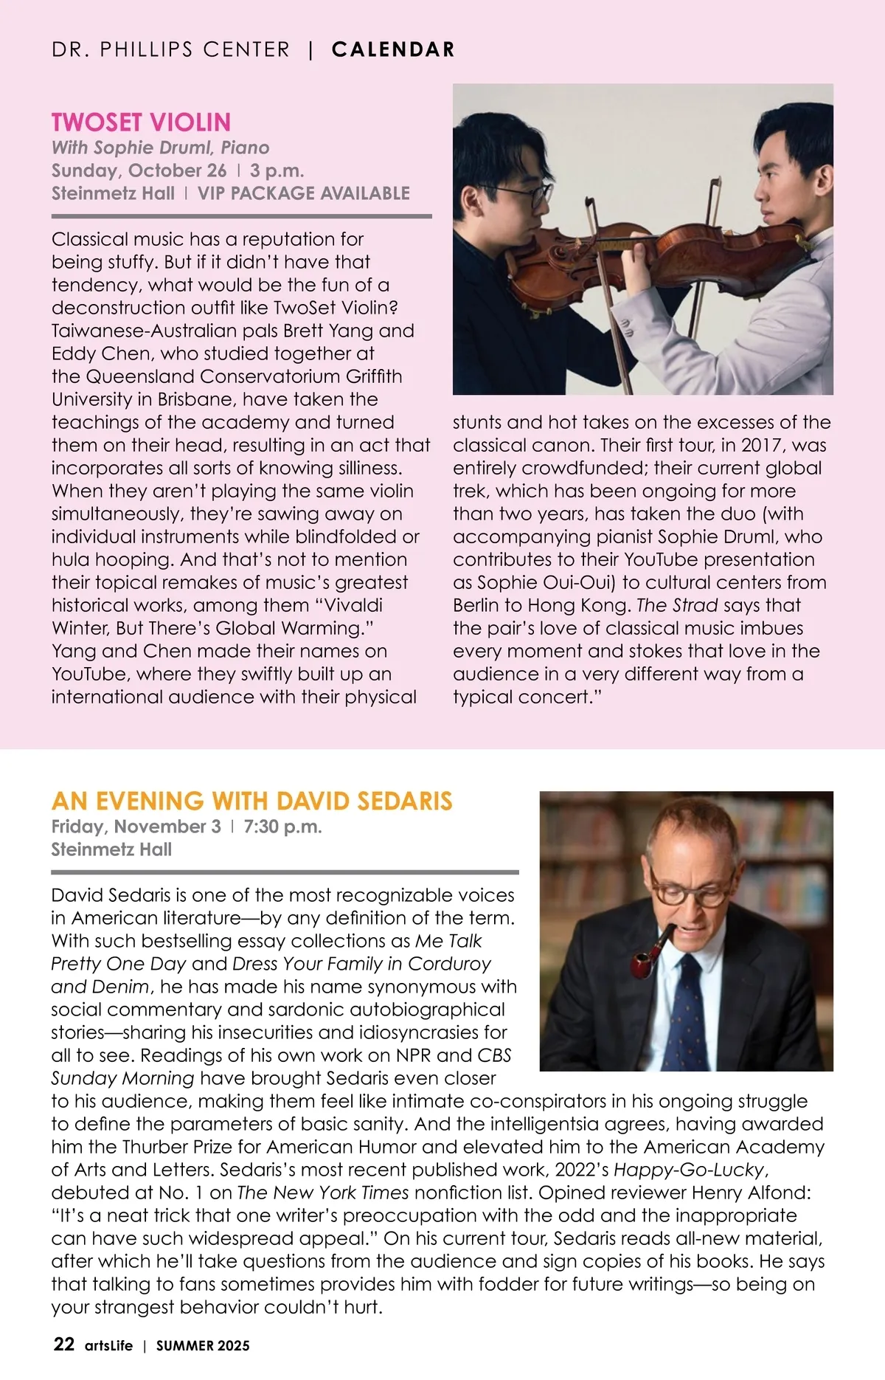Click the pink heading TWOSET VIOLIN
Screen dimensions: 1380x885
click(141, 123)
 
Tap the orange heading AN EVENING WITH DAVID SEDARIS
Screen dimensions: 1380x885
click(251, 801)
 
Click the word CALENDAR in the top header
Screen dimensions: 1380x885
click(393, 49)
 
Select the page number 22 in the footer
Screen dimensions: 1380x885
click(63, 1344)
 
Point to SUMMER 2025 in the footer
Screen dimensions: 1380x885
click(203, 1345)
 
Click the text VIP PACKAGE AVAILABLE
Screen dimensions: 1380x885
click(303, 193)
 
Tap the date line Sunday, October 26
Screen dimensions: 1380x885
click(139, 170)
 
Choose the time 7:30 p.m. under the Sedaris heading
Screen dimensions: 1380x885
click(282, 827)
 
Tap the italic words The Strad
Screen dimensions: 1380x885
click(677, 605)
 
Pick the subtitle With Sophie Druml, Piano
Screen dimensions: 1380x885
click(160, 148)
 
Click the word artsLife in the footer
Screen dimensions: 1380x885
click(108, 1345)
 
